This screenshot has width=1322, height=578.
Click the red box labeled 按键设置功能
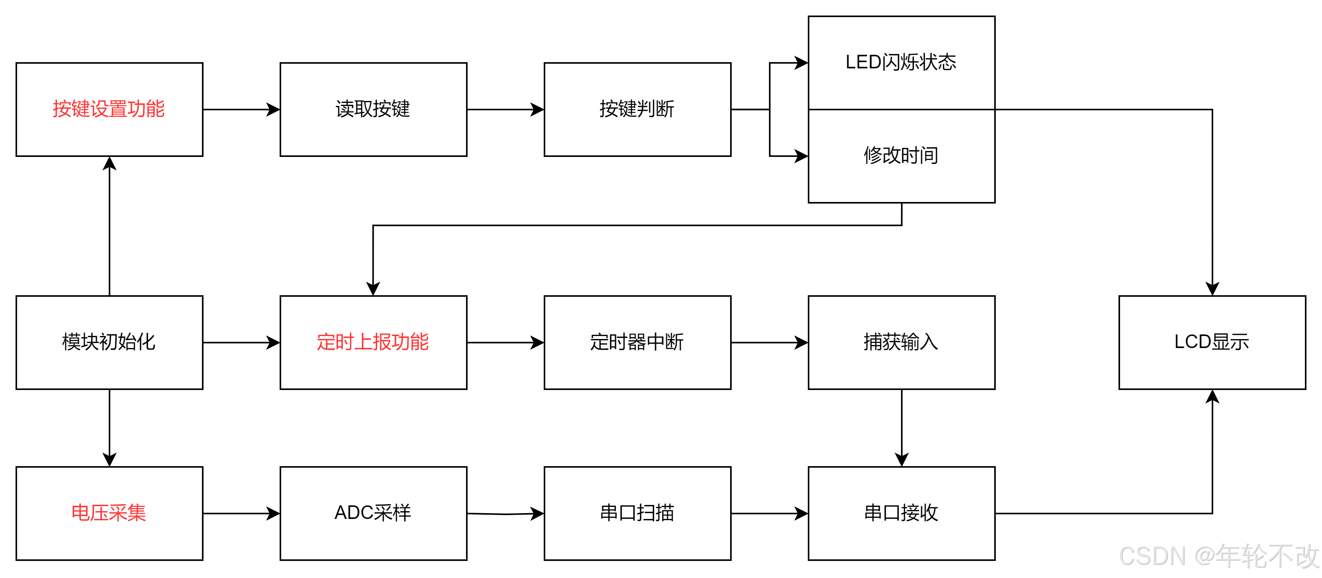click(x=109, y=109)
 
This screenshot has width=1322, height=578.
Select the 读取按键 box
click(x=373, y=109)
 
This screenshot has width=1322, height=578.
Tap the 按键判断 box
click(x=637, y=109)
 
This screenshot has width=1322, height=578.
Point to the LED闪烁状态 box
click(x=901, y=63)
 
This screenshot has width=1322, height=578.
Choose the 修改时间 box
click(x=901, y=155)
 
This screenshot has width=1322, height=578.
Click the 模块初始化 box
click(x=109, y=342)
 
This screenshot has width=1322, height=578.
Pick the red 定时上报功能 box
click(x=373, y=342)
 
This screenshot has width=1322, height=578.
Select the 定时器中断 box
click(x=637, y=342)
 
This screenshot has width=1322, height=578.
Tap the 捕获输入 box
click(x=901, y=342)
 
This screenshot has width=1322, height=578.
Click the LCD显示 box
click(x=1212, y=342)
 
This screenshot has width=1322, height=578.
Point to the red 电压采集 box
click(x=109, y=513)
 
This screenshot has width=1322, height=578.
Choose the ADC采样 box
click(x=373, y=513)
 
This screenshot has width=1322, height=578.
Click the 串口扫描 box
click(x=637, y=513)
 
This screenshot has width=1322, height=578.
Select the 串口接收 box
click(x=901, y=513)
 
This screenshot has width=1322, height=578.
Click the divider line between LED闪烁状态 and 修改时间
click(x=901, y=109)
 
